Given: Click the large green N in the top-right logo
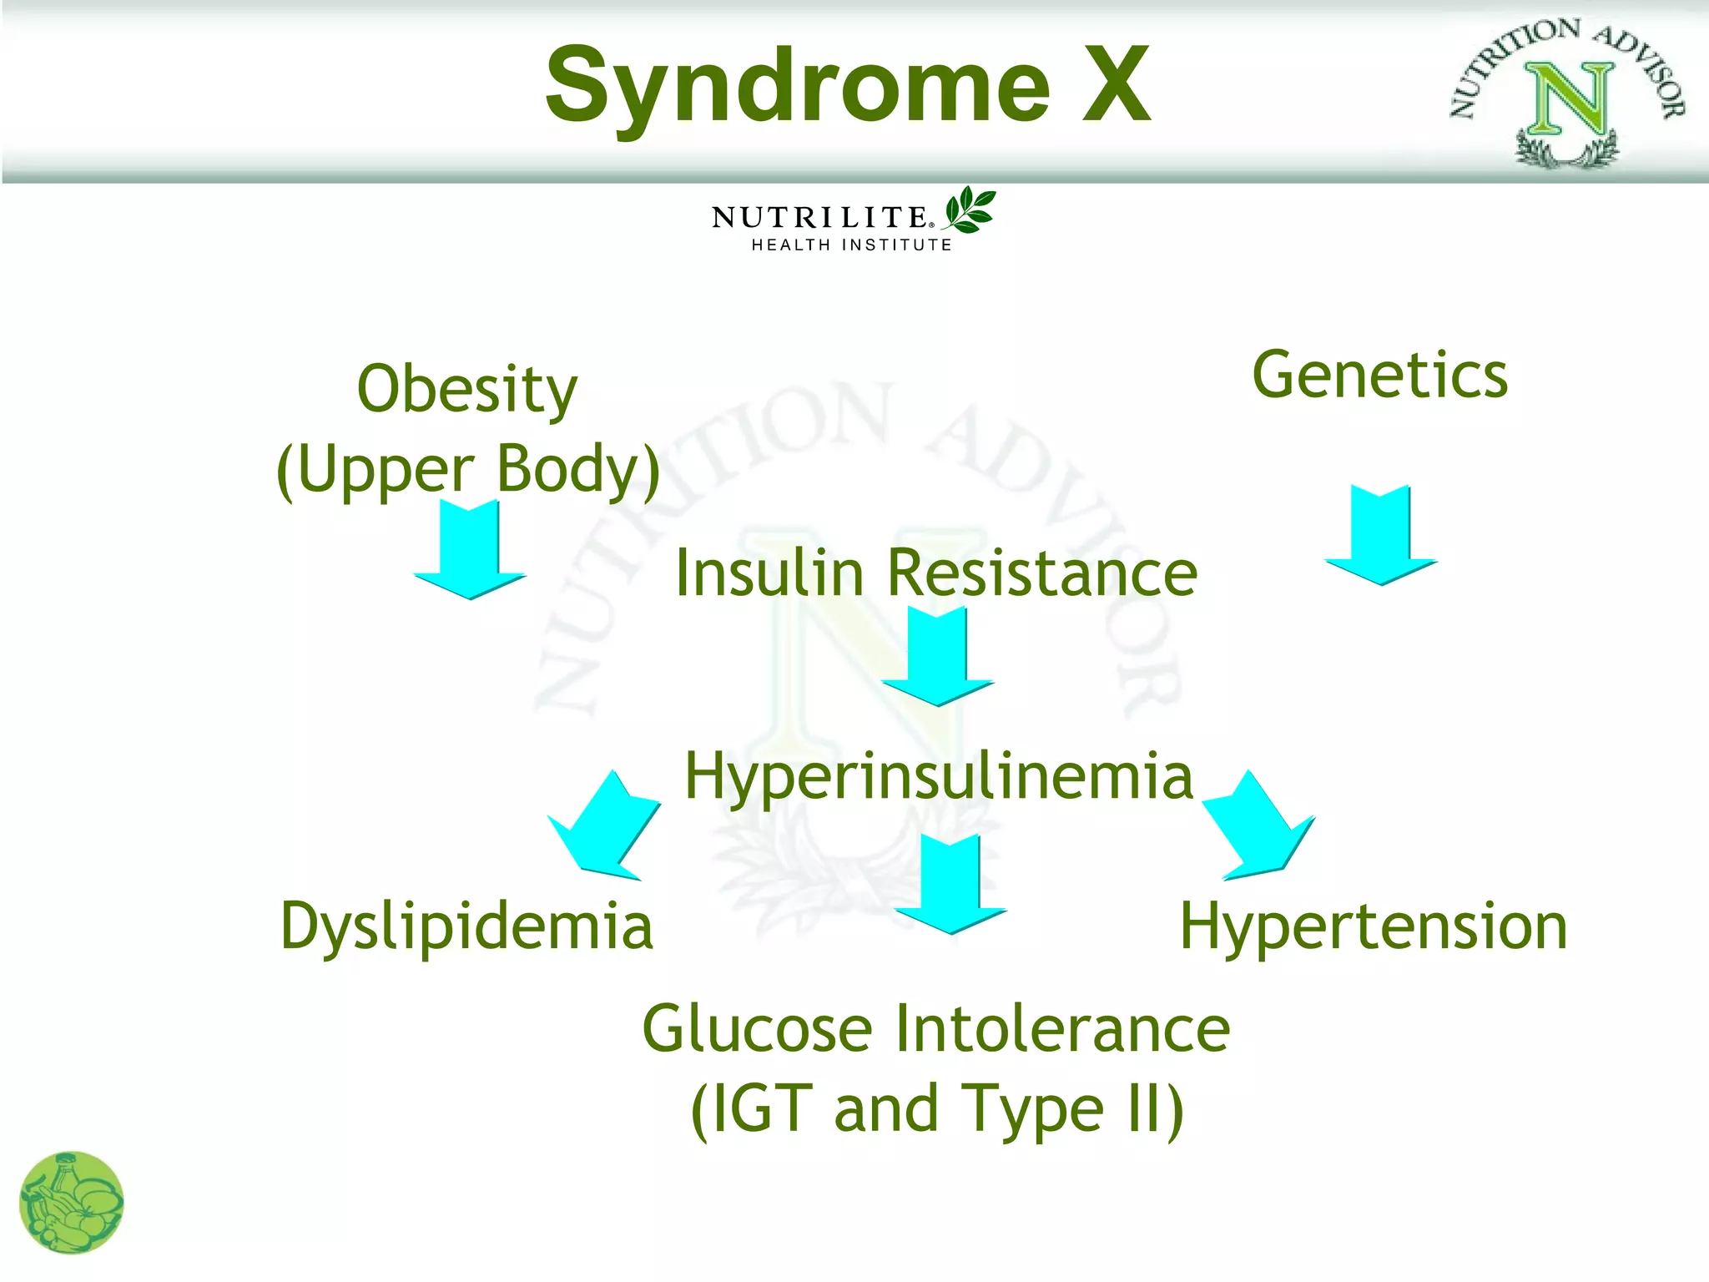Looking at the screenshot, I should pos(1569,100).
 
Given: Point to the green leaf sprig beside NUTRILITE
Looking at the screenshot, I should pos(970,209).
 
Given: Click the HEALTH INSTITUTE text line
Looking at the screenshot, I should pos(851,245).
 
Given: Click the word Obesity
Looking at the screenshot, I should pos(466,391).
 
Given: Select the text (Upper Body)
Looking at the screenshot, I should pos(468,470).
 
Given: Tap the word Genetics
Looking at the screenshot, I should pos(1380,376).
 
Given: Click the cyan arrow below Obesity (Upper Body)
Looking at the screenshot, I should pos(470,551).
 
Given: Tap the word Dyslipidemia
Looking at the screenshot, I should pos(466,927).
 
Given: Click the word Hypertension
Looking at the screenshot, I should pos(1374,927).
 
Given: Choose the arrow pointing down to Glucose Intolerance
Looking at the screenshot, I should pos(950,885).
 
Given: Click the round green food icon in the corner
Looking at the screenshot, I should pos(72,1203).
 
